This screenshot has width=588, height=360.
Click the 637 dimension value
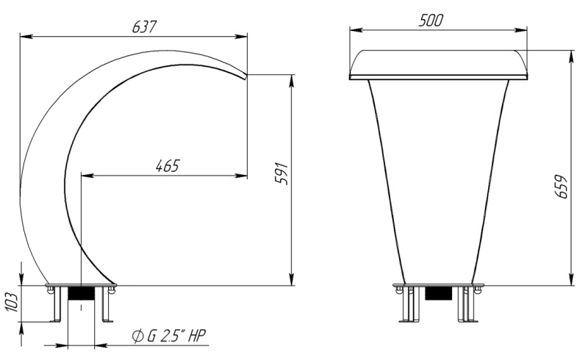coord(144,26)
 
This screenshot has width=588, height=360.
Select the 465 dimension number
coord(168,165)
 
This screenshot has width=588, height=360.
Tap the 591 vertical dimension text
coord(282,173)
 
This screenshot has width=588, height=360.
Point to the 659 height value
coord(561,187)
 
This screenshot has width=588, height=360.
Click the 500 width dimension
coord(431,21)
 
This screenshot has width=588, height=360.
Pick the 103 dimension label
coord(12,302)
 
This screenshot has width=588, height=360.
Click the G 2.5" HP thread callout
coord(176,336)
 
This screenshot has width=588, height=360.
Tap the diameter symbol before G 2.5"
coord(137,336)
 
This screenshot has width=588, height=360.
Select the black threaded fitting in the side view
coord(81,293)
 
